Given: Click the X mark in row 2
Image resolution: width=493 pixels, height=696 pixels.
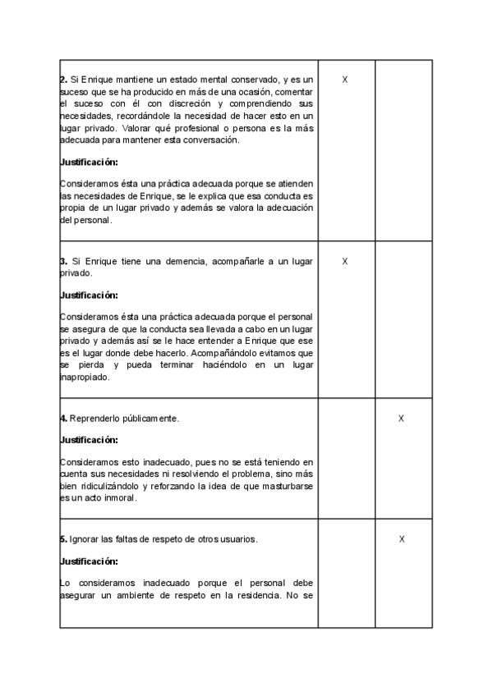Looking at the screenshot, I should click(x=345, y=80).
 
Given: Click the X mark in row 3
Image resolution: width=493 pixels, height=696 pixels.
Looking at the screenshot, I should click(x=345, y=261).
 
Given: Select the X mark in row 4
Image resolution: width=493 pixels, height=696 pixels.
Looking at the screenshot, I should click(x=401, y=419).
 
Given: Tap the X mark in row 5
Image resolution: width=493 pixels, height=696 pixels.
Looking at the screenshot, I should click(x=401, y=539).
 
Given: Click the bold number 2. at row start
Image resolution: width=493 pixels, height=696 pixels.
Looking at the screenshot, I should click(x=63, y=80).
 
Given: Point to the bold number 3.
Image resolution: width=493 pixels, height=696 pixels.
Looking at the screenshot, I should click(x=63, y=261).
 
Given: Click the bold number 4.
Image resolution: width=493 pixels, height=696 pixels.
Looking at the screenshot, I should click(x=63, y=419).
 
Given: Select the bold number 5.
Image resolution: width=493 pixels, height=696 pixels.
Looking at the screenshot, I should click(x=63, y=539).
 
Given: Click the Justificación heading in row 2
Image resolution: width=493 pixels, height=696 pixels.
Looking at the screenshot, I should click(x=89, y=163).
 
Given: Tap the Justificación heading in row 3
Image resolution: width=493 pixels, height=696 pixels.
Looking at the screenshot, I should click(x=89, y=295).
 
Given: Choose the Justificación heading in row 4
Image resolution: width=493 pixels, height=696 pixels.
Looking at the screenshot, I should click(x=89, y=440).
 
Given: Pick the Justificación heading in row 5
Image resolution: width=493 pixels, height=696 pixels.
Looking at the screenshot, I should click(x=89, y=562).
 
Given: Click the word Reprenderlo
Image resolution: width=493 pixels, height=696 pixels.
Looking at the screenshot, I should click(x=94, y=419).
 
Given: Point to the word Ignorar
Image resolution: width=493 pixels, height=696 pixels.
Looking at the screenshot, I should click(x=85, y=539).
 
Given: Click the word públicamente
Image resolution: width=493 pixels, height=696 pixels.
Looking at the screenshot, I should click(x=150, y=419).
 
